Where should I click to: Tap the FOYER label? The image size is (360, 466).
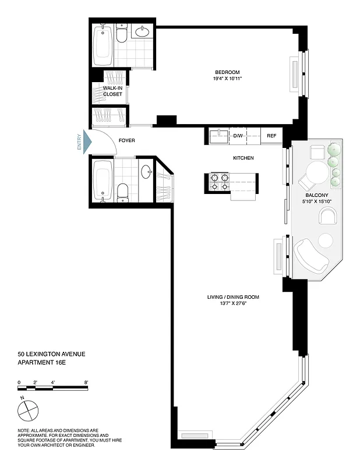[x=126, y=141]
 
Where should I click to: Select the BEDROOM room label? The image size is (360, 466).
[x=227, y=72]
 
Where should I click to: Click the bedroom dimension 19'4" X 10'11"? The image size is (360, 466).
[x=227, y=79]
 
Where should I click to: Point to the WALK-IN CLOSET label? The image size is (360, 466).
[x=112, y=90]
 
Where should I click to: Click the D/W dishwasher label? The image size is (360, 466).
[x=238, y=136]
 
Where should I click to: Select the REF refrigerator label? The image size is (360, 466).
[x=271, y=136]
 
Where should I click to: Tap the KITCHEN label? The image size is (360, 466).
[x=243, y=158]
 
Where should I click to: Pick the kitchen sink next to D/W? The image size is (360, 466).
[x=218, y=136]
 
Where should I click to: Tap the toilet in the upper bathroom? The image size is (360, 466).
[x=121, y=35]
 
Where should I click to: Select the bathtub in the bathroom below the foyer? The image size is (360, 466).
[x=103, y=181]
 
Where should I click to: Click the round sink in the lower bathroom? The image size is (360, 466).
[x=146, y=172]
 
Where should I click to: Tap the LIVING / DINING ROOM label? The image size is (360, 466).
[x=233, y=297]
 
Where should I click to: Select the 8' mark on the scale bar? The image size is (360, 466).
[x=86, y=382]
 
